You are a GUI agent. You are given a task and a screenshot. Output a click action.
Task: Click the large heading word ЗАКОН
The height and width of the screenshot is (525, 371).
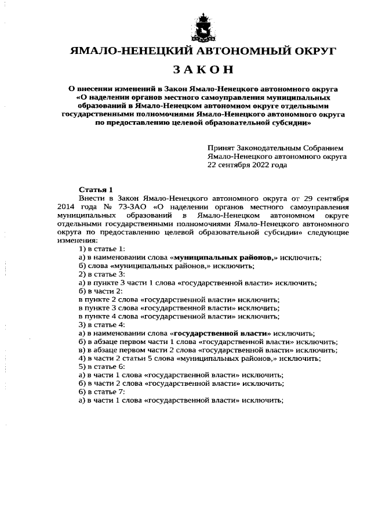[202, 70]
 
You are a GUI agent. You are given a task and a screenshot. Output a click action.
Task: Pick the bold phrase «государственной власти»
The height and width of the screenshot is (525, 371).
[221, 334]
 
